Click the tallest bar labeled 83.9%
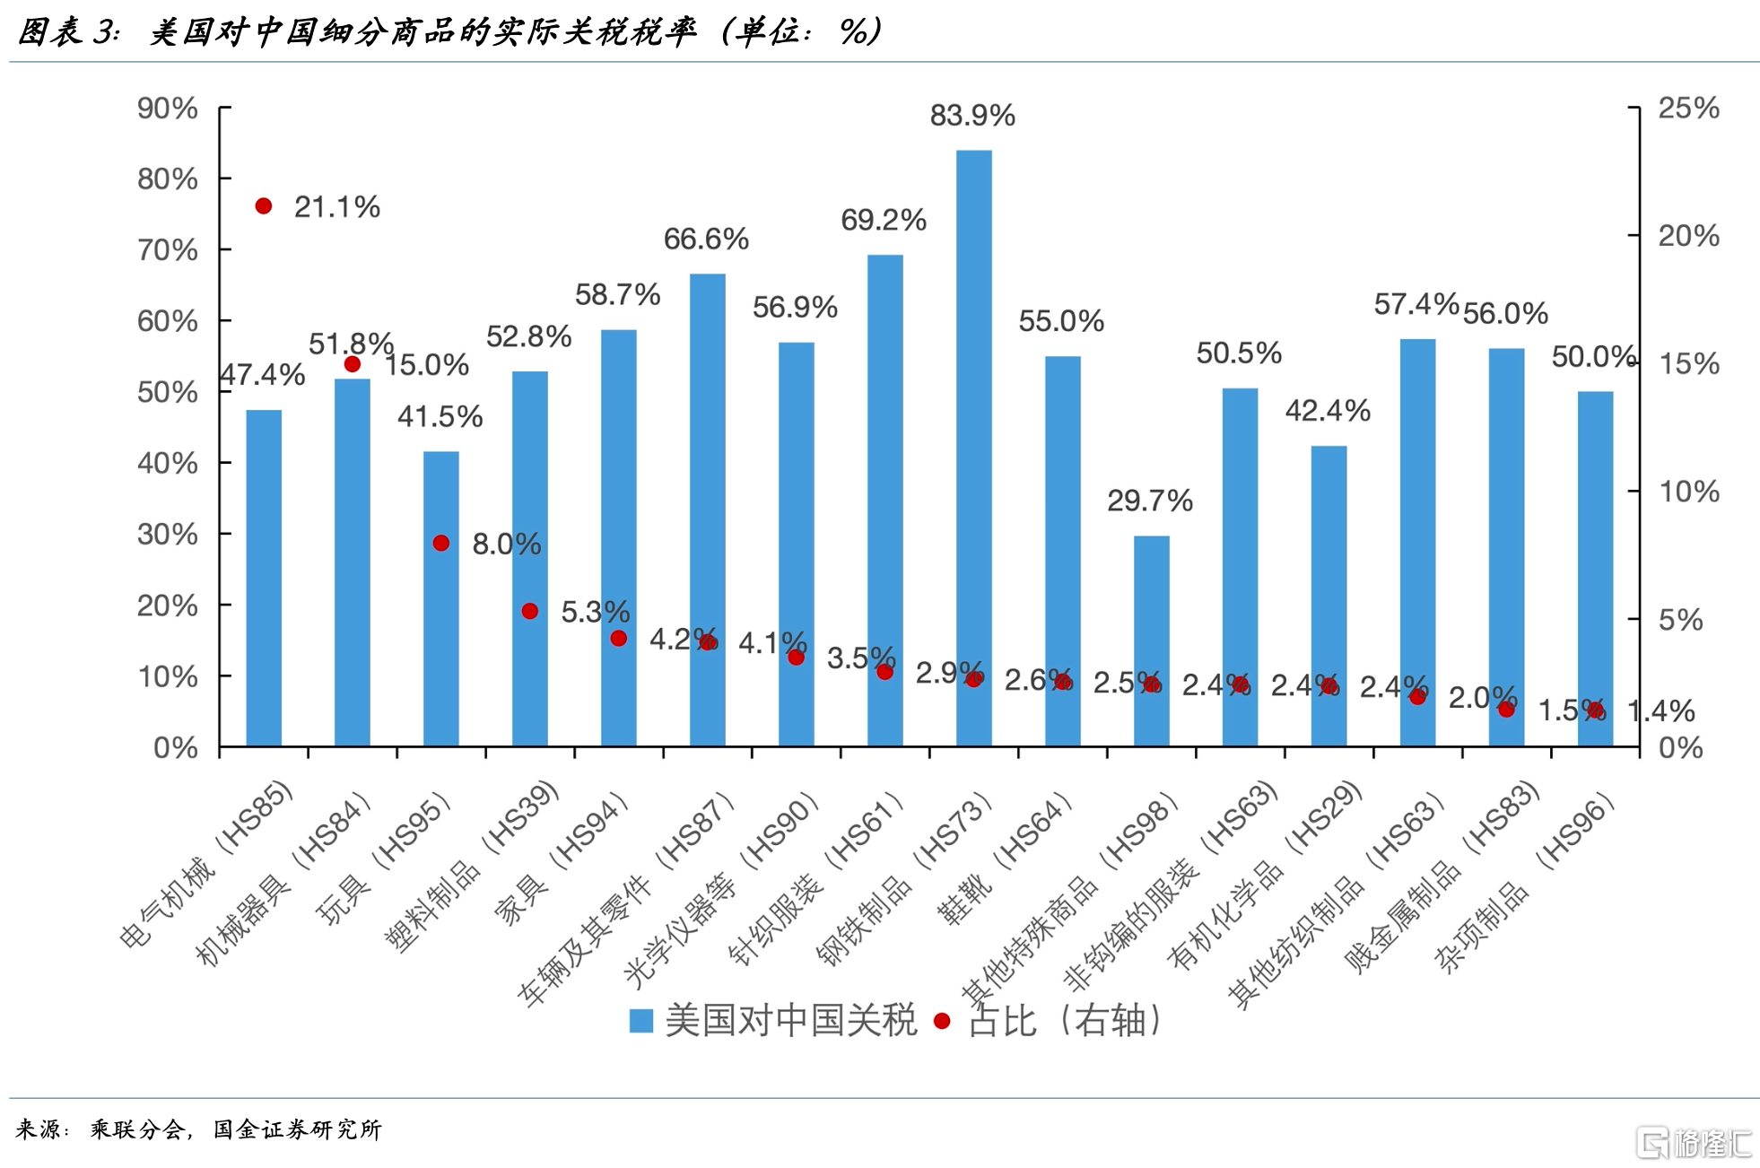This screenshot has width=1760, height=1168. pyautogui.click(x=973, y=449)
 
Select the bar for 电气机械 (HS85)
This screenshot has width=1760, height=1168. pyautogui.click(x=264, y=579)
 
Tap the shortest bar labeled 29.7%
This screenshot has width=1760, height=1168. pyautogui.click(x=1151, y=641)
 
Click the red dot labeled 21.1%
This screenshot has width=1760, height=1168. pyautogui.click(x=264, y=206)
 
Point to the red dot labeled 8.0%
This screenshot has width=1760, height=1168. pyautogui.click(x=441, y=544)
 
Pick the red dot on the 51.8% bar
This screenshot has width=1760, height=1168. pyautogui.click(x=353, y=364)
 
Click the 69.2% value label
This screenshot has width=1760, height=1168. pyautogui.click(x=883, y=221)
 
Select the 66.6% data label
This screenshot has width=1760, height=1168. pyautogui.click(x=706, y=240)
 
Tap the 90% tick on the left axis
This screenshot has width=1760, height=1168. pyautogui.click(x=168, y=109)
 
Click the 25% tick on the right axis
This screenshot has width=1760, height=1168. pyautogui.click(x=1688, y=109)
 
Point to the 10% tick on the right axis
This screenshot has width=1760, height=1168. pyautogui.click(x=1688, y=492)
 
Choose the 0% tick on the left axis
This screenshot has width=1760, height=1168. pyautogui.click(x=176, y=747)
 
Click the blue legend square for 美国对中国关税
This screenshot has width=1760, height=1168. pyautogui.click(x=641, y=1021)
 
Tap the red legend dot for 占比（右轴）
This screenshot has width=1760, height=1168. pyautogui.click(x=942, y=1021)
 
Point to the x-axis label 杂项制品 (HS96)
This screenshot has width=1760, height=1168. pyautogui.click(x=1525, y=884)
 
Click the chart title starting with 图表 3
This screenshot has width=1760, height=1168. pyautogui.click(x=449, y=32)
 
